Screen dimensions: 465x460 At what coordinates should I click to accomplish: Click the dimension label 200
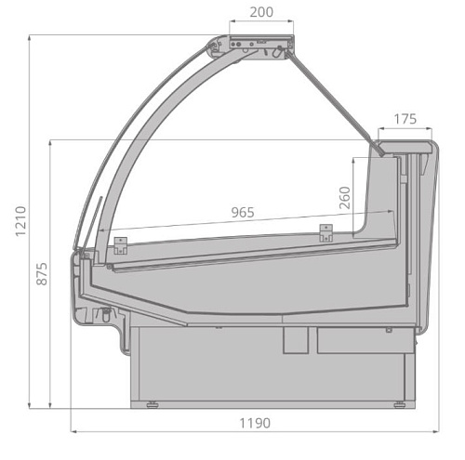[261, 12]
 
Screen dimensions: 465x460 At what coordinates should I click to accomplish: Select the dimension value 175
[405, 119]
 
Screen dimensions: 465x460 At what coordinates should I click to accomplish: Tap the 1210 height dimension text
[20, 221]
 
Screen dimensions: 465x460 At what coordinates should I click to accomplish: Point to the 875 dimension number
[42, 274]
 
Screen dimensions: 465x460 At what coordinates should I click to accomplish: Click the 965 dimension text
[243, 213]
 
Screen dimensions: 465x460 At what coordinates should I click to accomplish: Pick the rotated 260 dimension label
[345, 198]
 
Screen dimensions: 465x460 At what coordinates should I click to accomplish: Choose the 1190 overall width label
[255, 423]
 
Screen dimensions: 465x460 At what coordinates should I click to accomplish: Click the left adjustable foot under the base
[152, 404]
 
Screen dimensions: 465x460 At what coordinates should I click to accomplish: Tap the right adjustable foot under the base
[399, 404]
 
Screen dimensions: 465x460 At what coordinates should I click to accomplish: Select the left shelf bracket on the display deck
[121, 246]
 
